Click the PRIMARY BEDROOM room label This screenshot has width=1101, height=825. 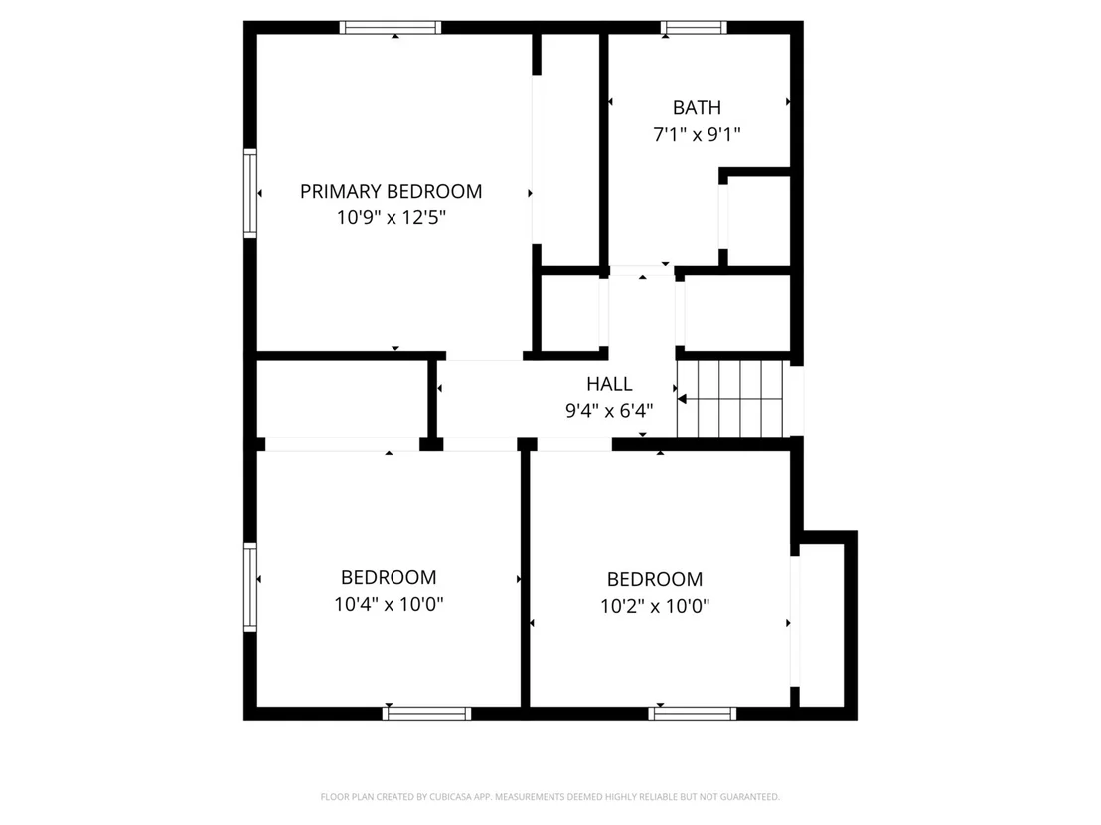click(392, 191)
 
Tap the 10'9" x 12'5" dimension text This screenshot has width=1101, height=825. click(392, 217)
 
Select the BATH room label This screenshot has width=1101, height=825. click(697, 107)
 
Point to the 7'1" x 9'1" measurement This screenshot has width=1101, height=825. click(697, 134)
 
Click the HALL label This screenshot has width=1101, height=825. click(609, 384)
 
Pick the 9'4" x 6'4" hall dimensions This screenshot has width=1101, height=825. click(609, 410)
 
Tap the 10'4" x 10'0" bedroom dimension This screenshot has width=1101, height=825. click(389, 604)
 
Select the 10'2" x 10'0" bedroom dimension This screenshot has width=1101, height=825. click(655, 606)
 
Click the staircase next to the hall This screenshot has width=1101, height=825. click(729, 398)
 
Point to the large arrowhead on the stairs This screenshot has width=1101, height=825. click(682, 399)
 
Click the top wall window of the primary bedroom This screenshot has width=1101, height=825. click(391, 28)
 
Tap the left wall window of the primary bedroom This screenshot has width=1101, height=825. click(250, 193)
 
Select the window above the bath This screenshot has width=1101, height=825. click(694, 28)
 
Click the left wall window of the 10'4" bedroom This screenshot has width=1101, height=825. click(250, 587)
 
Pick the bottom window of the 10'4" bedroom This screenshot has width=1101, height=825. click(427, 714)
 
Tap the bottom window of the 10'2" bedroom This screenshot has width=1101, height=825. click(693, 714)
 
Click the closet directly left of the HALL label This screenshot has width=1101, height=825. click(342, 399)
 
